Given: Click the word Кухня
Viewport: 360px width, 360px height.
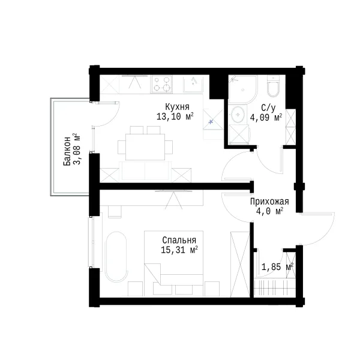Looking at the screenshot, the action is pyautogui.click(x=177, y=107).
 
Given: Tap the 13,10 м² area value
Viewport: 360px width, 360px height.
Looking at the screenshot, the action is pyautogui.click(x=175, y=116).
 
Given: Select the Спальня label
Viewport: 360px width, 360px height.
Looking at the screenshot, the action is pyautogui.click(x=179, y=241).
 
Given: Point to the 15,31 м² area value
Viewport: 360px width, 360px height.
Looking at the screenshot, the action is pyautogui.click(x=179, y=250).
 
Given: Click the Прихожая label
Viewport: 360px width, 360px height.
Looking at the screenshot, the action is pyautogui.click(x=269, y=202).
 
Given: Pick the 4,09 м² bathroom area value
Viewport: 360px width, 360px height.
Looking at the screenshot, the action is pyautogui.click(x=266, y=118).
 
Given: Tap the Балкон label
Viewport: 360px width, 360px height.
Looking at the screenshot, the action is pyautogui.click(x=67, y=151).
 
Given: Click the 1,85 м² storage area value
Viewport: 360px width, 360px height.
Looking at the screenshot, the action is pyautogui.click(x=277, y=267).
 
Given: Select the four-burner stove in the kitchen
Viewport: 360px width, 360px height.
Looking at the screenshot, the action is pyautogui.click(x=161, y=85).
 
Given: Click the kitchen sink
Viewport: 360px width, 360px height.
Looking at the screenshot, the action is pyautogui.click(x=193, y=84).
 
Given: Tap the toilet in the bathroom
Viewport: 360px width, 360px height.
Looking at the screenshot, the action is pyautogui.click(x=273, y=87).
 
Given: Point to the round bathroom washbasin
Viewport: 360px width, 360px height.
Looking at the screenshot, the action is pyautogui.click(x=238, y=114).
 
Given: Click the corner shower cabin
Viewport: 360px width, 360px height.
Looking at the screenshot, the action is pyautogui.click(x=242, y=89).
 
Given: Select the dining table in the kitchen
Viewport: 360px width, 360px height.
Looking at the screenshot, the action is pyautogui.click(x=145, y=147).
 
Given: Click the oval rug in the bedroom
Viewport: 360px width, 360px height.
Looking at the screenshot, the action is pyautogui.click(x=115, y=257).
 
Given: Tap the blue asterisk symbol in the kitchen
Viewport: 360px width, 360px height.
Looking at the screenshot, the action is pyautogui.click(x=211, y=122).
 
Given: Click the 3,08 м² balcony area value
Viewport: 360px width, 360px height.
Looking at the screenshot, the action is pyautogui.click(x=77, y=149).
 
